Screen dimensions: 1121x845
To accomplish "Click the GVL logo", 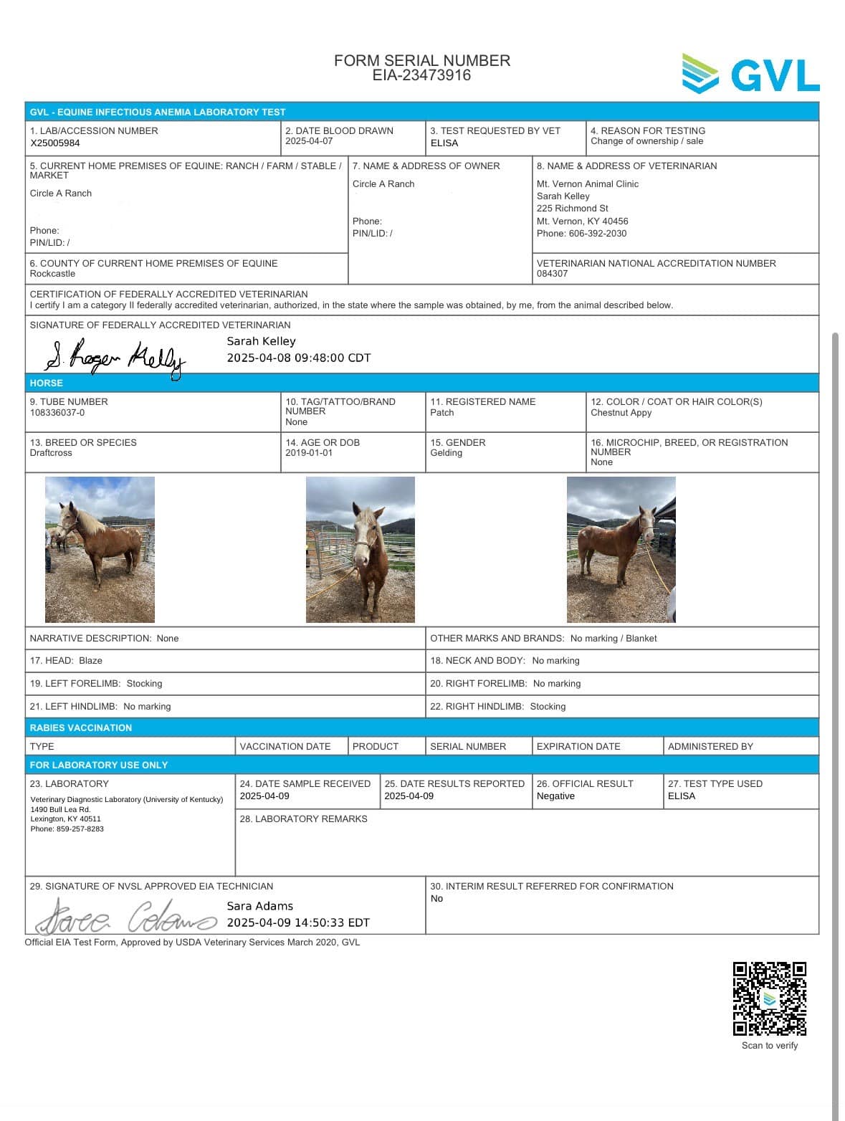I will [750, 74].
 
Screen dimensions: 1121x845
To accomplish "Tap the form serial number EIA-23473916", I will [421, 75].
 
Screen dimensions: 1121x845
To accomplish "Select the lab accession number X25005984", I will [55, 143].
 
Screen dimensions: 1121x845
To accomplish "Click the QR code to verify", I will [769, 998].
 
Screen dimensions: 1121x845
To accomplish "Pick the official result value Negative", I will [555, 796].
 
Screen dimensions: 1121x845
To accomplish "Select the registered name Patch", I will [441, 413].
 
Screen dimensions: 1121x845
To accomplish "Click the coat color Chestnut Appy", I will [621, 413].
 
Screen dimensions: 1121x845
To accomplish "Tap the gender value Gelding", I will [446, 453].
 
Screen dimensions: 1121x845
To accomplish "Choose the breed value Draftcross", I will [51, 453].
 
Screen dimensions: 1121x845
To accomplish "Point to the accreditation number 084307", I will [552, 274].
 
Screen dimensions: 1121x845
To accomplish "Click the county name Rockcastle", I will [52, 274].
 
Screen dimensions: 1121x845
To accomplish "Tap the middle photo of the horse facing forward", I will [360, 549].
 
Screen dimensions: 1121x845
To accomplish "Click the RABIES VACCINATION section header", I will [81, 728].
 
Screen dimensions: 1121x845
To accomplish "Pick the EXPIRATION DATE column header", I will [578, 746].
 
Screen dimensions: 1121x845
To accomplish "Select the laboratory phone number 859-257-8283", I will [80, 829].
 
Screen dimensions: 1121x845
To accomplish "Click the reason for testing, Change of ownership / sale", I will [646, 141].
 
